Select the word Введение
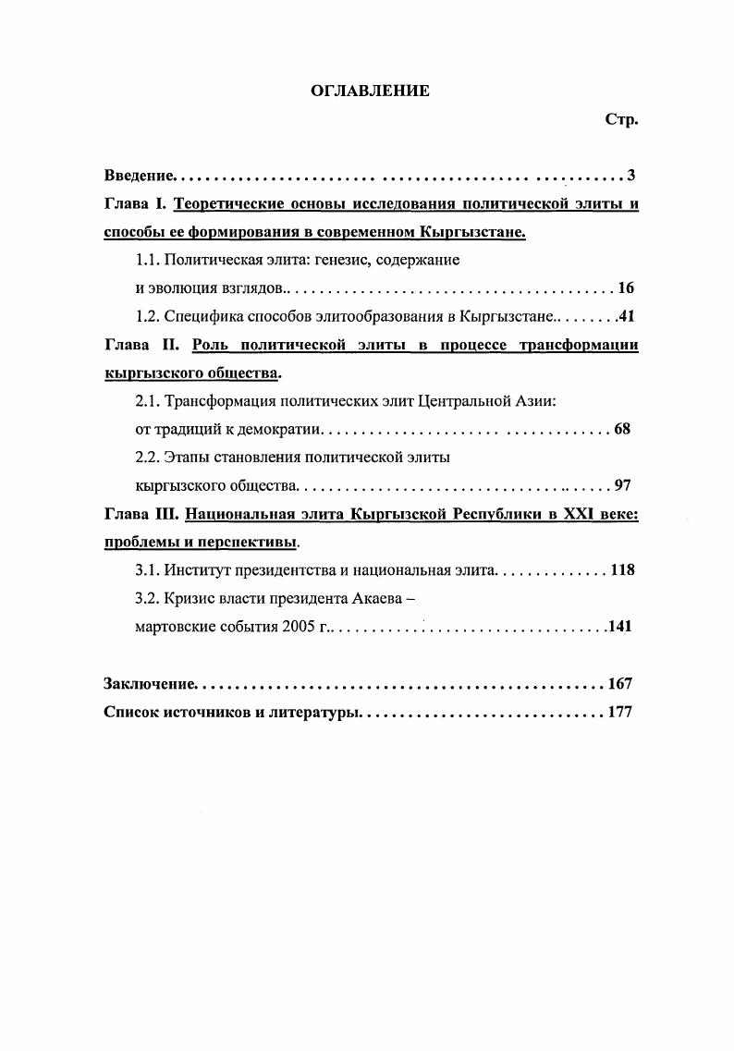[139, 176]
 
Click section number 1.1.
[147, 260]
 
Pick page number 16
[625, 287]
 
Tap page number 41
[625, 316]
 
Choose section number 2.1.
[147, 401]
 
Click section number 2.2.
[147, 457]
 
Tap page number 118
[622, 569]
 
